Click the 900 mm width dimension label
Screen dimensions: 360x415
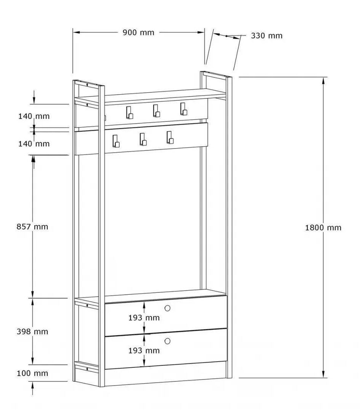[138, 32]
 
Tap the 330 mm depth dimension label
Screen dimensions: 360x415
[267, 36]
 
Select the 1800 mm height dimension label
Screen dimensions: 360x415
[323, 228]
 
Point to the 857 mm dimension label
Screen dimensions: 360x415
[32, 227]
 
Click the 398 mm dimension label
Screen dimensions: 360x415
[32, 332]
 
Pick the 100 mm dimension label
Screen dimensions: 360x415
[32, 373]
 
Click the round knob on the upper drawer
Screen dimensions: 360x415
[167, 308]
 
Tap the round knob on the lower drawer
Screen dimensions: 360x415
[167, 341]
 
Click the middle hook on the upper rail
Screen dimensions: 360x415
[156, 111]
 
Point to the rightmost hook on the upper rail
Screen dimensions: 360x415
[184, 109]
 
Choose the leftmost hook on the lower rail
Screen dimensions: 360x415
[116, 141]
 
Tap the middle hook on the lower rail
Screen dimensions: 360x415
[143, 139]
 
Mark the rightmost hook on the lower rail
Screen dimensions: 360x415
[170, 137]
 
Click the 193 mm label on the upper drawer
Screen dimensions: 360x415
[144, 318]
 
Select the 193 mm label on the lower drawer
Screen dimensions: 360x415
[144, 351]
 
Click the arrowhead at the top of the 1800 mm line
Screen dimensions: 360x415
[323, 81]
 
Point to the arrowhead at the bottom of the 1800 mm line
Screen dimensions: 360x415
[323, 374]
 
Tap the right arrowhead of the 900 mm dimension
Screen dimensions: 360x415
[201, 32]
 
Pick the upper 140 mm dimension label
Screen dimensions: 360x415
[34, 116]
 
